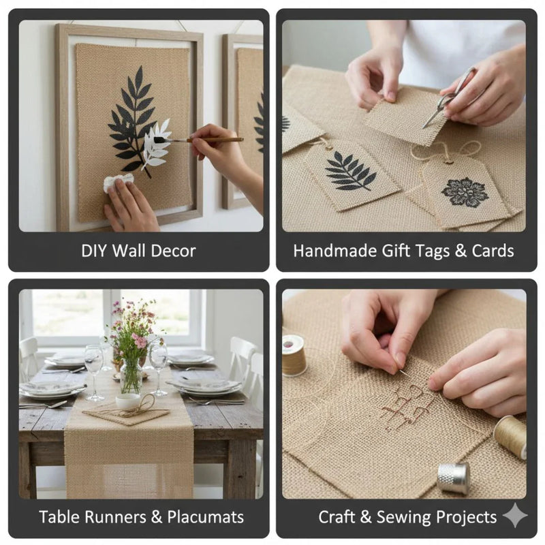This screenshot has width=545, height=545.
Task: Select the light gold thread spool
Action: (510, 437)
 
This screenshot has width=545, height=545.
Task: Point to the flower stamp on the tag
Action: (465, 192)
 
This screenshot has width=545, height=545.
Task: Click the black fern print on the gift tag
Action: (350, 170)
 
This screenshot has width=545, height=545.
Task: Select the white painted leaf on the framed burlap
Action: (156, 145)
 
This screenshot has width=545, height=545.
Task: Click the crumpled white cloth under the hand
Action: (119, 183)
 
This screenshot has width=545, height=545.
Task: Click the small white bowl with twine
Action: (127, 401)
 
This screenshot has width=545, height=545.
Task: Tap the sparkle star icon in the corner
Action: (514, 516)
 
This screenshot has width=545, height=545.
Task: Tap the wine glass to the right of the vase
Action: (159, 368)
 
